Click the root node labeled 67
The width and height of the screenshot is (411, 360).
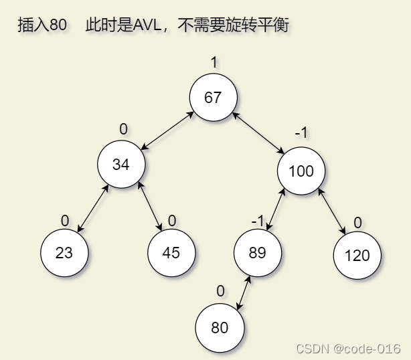pyautogui.click(x=213, y=98)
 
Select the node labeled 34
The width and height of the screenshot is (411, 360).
pyautogui.click(x=121, y=163)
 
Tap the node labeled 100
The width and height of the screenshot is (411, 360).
pyautogui.click(x=301, y=171)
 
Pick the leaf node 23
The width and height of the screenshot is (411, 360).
pyautogui.click(x=64, y=253)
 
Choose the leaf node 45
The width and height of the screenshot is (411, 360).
pyautogui.click(x=171, y=253)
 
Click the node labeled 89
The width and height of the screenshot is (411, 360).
pyautogui.click(x=258, y=253)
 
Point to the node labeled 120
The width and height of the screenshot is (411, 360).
pyautogui.click(x=357, y=255)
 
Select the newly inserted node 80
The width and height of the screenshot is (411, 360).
pyautogui.click(x=220, y=328)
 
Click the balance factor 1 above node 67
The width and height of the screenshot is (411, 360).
pyautogui.click(x=214, y=63)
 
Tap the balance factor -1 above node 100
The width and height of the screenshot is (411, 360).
pyautogui.click(x=301, y=133)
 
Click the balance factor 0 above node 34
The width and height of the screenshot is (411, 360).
pyautogui.click(x=123, y=129)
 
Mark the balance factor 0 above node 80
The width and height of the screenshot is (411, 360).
pyautogui.click(x=220, y=291)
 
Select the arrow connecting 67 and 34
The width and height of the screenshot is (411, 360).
pyautogui.click(x=168, y=130)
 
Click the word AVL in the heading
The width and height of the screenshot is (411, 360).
pyautogui.click(x=148, y=25)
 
